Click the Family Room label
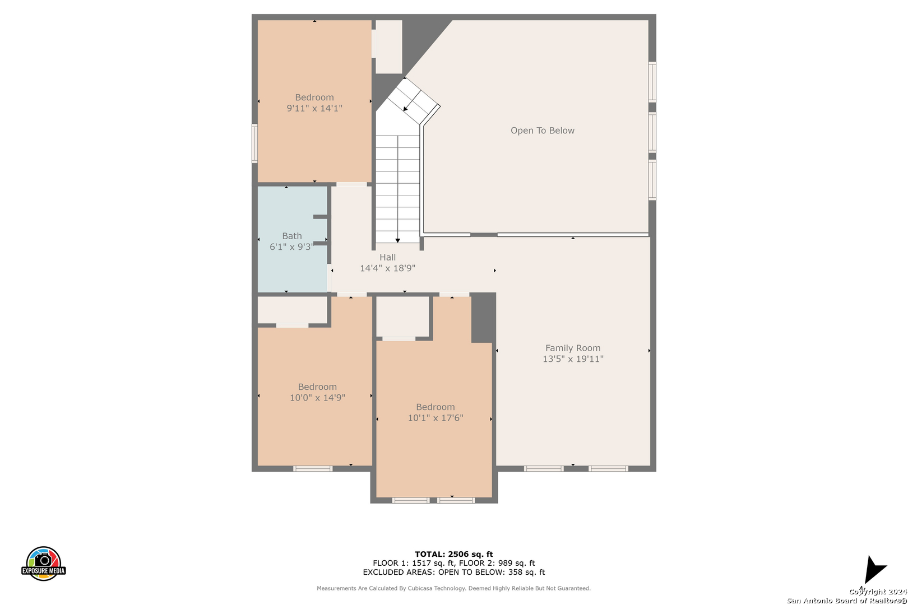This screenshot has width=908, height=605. tap(573, 348)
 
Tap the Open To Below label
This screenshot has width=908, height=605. tap(543, 131)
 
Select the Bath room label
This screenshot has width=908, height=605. tap(292, 236)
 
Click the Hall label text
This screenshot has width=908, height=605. tap(387, 257)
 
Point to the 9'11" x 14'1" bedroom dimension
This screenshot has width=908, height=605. tap(314, 108)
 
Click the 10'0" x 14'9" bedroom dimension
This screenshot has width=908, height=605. tap(317, 398)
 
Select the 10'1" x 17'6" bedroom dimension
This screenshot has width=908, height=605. tap(436, 418)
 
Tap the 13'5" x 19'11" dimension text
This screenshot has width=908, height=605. tap(573, 359)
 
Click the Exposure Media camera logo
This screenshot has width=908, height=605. tap(43, 563)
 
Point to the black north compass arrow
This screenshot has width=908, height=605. tap(875, 569)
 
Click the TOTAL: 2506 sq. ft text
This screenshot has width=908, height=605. tap(453, 554)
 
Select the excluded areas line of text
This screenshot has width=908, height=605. tap(453, 572)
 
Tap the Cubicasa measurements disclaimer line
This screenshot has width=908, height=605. tap(453, 588)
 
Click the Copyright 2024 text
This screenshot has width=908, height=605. tap(878, 592)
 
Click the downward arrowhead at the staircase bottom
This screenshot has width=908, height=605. tap(397, 241)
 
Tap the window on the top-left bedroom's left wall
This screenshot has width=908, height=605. tap(254, 143)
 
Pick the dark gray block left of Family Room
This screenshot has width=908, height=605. tap(483, 318)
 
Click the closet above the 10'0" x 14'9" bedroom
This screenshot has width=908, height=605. tap(292, 310)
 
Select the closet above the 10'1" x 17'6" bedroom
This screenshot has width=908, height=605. tap(402, 317)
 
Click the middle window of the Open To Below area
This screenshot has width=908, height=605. tap(652, 132)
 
